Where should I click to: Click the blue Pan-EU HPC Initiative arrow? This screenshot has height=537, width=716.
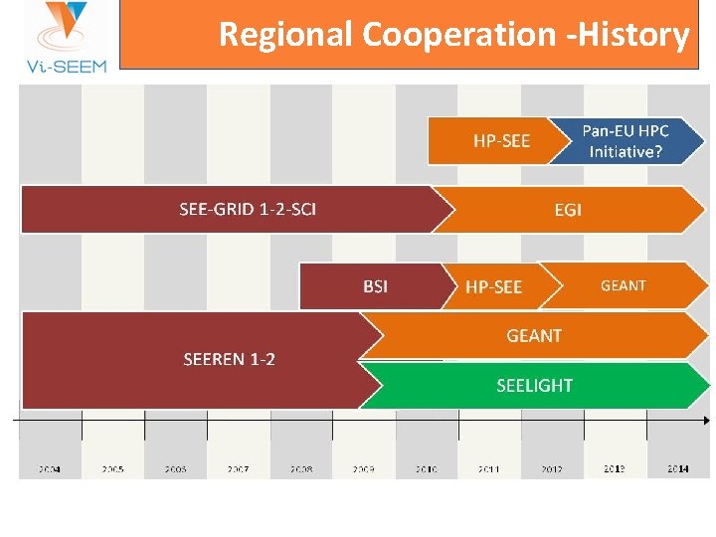pyautogui.click(x=626, y=141)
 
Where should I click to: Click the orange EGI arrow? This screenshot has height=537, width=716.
pyautogui.click(x=569, y=210)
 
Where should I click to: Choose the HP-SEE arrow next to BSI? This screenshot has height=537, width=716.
pyautogui.click(x=493, y=286)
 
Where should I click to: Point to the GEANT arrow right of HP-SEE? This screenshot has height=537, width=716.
pyautogui.click(x=624, y=285)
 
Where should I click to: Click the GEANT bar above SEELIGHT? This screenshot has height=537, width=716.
pyautogui.click(x=534, y=336)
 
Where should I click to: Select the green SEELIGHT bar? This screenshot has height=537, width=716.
pyautogui.click(x=534, y=385)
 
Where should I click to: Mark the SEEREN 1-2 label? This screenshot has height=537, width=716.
pyautogui.click(x=229, y=359)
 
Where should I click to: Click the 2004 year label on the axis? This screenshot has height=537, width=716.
pyautogui.click(x=49, y=468)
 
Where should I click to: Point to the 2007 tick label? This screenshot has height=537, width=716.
pyautogui.click(x=238, y=468)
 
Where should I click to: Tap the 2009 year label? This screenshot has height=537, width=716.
pyautogui.click(x=363, y=468)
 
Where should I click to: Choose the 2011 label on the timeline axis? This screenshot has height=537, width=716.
pyautogui.click(x=488, y=468)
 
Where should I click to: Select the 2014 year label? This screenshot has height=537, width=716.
pyautogui.click(x=677, y=468)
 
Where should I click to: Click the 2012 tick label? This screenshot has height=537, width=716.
pyautogui.click(x=552, y=468)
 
